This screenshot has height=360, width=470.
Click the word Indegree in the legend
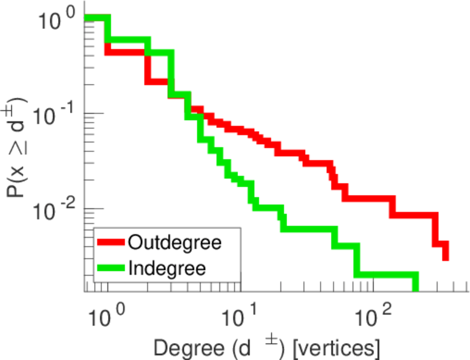pos(167,268)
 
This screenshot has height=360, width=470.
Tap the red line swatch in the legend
pos(112,242)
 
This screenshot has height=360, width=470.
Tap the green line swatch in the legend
pos(112,268)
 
